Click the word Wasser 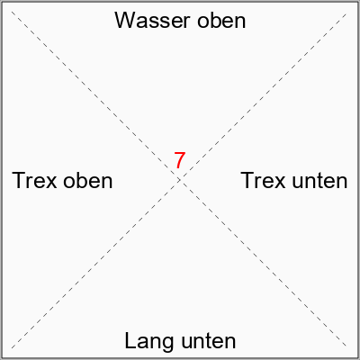pos(152,21)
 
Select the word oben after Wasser pos(221,21)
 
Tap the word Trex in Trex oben pos(34,181)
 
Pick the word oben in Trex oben pos(88,180)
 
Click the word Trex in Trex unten pos(263,181)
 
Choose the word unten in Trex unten pos(319,181)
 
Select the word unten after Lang pos(208,341)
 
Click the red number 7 pos(179,160)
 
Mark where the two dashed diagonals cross pos(179,180)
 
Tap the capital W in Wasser pos(126,21)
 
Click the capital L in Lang pos(130,340)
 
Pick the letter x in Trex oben pos(51,183)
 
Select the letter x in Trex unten pos(280,183)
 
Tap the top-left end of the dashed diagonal pos(12,12)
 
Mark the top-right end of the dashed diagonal pos(347,13)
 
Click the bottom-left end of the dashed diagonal pos(12,348)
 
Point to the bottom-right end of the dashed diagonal pos(347,347)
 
